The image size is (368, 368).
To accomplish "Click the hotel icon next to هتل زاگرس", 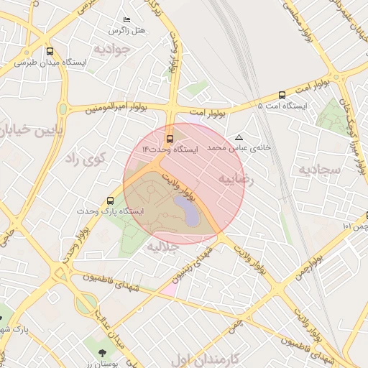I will [127, 19].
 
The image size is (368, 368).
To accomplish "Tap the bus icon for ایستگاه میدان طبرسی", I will [50, 52].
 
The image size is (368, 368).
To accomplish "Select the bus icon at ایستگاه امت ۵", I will [281, 94].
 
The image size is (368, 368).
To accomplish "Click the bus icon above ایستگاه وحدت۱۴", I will [170, 139].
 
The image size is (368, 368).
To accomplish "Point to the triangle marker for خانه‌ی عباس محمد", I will [239, 137].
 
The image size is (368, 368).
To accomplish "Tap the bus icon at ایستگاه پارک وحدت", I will [110, 201].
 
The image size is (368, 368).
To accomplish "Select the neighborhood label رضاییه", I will [236, 178].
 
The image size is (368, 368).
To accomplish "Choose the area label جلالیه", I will [162, 247].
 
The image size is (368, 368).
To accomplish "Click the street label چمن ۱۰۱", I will [356, 226].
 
